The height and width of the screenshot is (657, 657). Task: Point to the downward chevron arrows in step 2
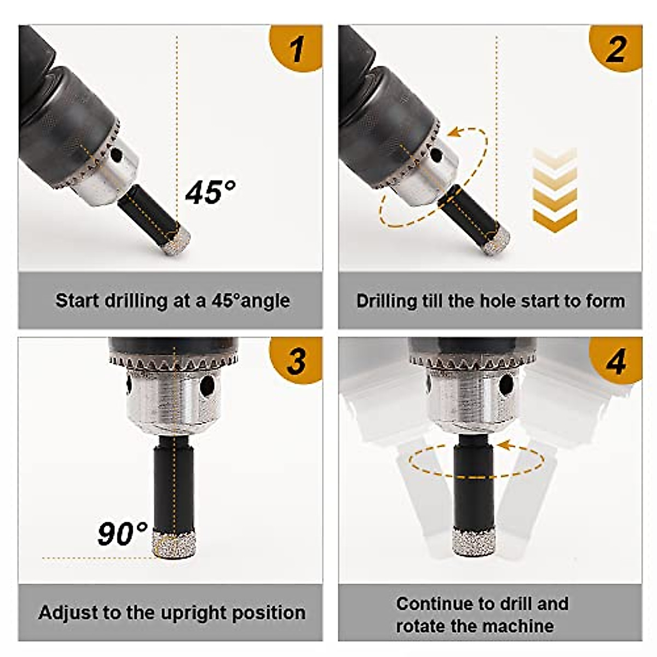click(x=555, y=189)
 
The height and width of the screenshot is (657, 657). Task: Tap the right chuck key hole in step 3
click(x=207, y=387)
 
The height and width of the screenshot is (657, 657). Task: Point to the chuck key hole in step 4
click(x=506, y=385)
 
